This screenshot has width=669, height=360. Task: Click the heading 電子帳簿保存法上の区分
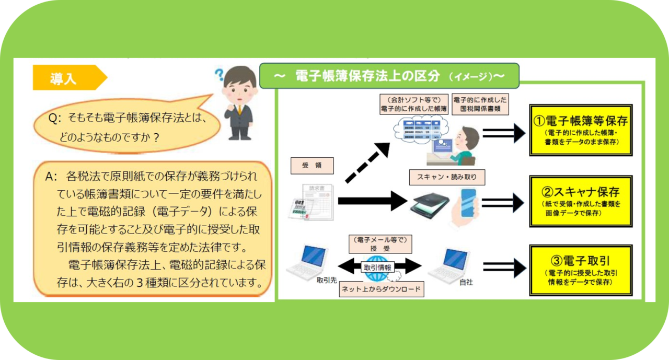pyautogui.click(x=389, y=76)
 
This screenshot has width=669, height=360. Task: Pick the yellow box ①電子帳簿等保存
pyautogui.click(x=581, y=129)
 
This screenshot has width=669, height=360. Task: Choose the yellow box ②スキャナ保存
pyautogui.click(x=581, y=201)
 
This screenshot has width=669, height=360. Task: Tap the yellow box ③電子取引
pyautogui.click(x=581, y=270)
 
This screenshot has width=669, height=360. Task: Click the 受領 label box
pyautogui.click(x=312, y=166)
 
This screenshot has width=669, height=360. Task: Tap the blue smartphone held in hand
pyautogui.click(x=467, y=201)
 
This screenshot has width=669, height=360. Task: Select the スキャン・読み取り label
pyautogui.click(x=447, y=177)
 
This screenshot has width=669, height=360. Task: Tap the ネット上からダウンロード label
pyautogui.click(x=381, y=289)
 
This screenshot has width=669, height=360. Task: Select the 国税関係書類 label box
pyautogui.click(x=479, y=104)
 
